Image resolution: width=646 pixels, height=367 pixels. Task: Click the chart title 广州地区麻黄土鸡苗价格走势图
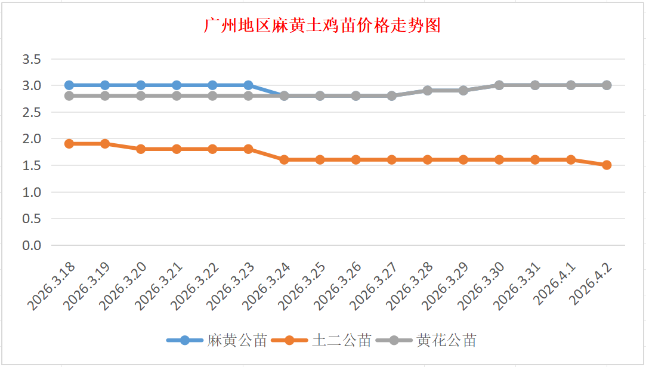coord(322,26)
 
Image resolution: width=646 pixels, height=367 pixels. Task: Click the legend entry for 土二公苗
coord(322,341)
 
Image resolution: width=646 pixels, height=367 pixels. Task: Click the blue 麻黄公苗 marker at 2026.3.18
coord(69,85)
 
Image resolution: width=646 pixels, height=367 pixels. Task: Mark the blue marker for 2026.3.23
coord(248,85)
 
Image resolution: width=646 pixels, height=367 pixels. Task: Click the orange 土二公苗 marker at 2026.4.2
coord(607,165)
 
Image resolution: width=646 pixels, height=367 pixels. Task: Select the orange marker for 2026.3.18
coord(69,144)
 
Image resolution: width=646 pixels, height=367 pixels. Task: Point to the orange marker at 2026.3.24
coord(284,160)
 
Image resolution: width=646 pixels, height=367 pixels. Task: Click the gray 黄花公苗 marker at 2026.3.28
coord(428,91)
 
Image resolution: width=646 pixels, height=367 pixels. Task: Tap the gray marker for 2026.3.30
coord(499,85)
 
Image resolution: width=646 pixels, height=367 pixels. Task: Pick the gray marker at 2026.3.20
coord(141,96)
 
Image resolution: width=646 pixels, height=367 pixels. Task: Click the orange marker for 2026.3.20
coord(141,149)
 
